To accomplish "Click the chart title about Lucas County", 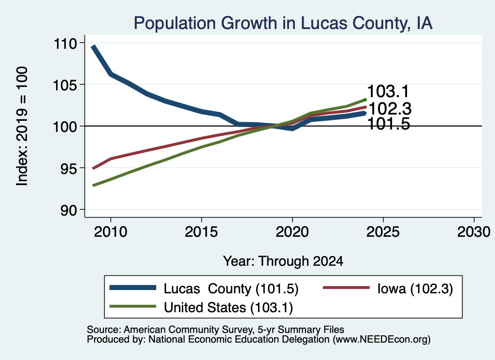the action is [283, 23].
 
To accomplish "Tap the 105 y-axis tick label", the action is [65, 85].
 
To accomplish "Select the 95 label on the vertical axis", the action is [69, 169].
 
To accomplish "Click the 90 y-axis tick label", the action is [69, 210].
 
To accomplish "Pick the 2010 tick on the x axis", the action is [111, 232].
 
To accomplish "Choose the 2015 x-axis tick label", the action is [202, 232].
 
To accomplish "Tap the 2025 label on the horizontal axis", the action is [383, 232].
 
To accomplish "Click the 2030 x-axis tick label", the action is [474, 232].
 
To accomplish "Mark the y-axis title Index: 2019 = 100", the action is [22, 126].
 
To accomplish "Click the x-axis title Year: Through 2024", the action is [283, 261].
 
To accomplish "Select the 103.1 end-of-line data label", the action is [388, 91].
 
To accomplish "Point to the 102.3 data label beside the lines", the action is [390, 109].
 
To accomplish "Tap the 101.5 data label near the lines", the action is [389, 124].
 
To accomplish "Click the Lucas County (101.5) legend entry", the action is [204, 288].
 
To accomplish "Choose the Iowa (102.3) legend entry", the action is [388, 288].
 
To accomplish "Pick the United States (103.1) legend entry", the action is [201, 307].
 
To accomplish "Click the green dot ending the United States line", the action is [365, 100].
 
